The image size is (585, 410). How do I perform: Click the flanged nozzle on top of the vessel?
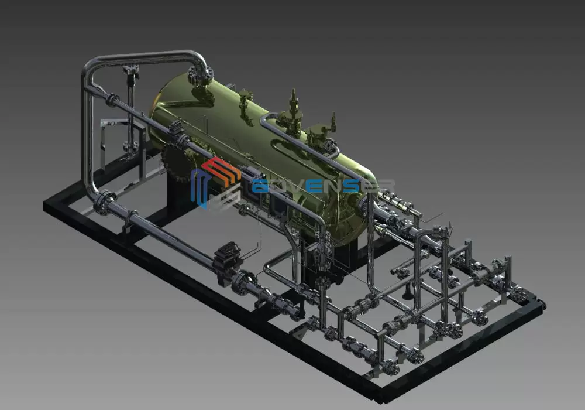[x=198, y=75]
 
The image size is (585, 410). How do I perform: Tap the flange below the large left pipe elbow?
[x=104, y=203]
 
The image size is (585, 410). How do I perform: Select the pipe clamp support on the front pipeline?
[x=132, y=220]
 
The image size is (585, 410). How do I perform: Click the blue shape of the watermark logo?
[x=199, y=187]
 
